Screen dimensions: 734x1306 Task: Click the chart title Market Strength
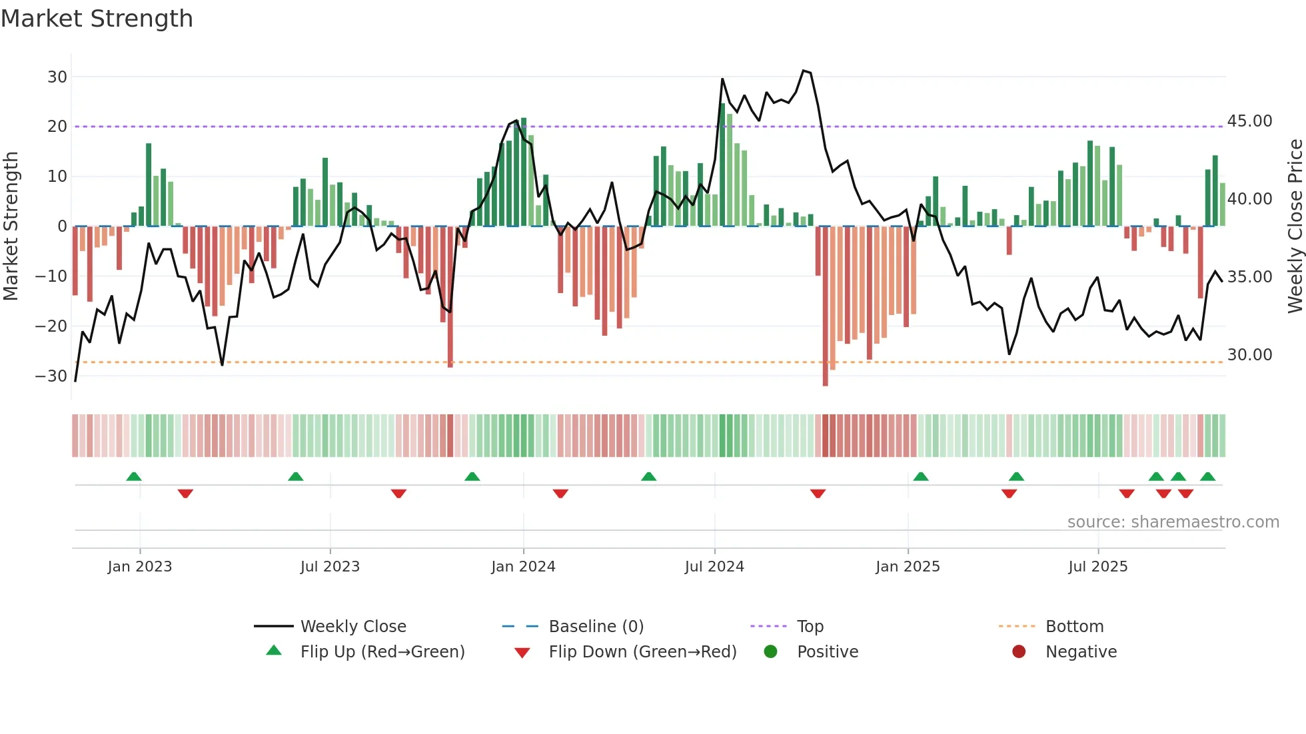click(97, 19)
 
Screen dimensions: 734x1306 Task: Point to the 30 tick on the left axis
click(57, 77)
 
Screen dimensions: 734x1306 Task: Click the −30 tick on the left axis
click(52, 376)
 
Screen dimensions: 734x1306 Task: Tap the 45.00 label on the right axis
click(1249, 121)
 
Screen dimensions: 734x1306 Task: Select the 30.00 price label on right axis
click(1249, 355)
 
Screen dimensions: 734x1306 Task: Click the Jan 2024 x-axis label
click(523, 567)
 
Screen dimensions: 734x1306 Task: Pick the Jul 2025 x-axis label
click(1097, 567)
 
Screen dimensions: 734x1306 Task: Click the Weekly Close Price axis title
click(1295, 226)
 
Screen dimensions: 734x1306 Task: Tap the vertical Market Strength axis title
click(11, 226)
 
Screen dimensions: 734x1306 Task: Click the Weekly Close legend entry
click(352, 627)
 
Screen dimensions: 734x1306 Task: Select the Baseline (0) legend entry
click(596, 627)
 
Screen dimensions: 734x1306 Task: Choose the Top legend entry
click(810, 627)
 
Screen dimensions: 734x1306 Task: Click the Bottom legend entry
click(1074, 627)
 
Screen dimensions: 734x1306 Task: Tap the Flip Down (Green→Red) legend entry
click(642, 652)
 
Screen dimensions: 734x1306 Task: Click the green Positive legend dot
click(771, 652)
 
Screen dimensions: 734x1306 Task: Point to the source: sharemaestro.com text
click(1173, 522)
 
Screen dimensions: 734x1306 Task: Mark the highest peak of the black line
click(804, 71)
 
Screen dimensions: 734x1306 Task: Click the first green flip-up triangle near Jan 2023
click(134, 476)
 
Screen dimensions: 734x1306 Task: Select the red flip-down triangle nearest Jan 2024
click(560, 494)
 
